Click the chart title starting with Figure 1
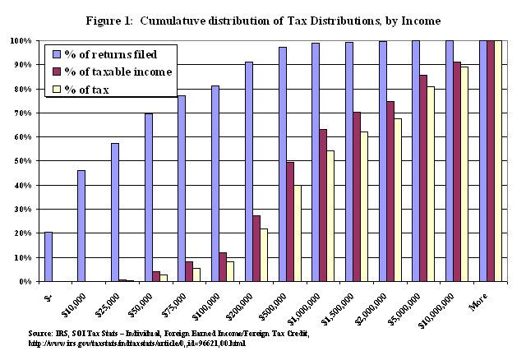tap(262, 20)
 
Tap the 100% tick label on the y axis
tap(21, 40)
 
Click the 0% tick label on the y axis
tap(25, 282)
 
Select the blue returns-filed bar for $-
tap(48, 256)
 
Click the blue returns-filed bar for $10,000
tap(81, 225)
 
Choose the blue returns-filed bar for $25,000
tap(115, 212)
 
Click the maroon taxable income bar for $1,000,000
tap(324, 205)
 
